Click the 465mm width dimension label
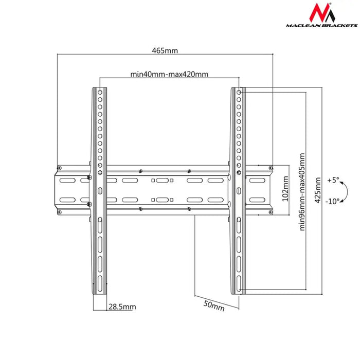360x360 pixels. [165, 50]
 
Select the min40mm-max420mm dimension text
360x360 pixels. [169, 75]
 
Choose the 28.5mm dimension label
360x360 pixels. [122, 307]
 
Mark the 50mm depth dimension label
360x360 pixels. [214, 305]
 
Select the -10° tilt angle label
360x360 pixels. [332, 201]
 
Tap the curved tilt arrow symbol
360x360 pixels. [345, 191]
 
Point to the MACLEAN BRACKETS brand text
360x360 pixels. [313, 24]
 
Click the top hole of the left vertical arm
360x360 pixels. [100, 93]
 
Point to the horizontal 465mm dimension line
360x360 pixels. [165, 55]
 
